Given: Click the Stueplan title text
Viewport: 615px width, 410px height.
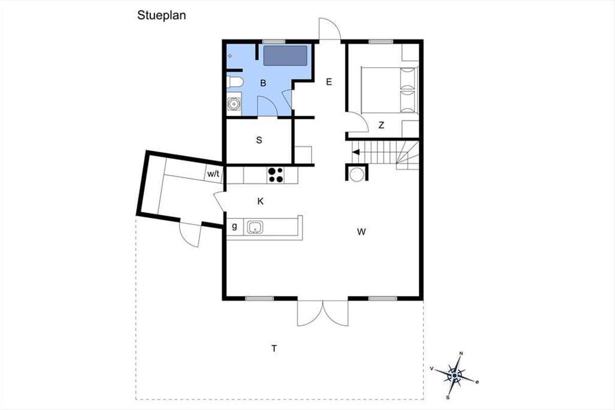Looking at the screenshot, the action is [161, 15].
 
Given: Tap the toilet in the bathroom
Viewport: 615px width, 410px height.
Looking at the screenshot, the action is [235, 82].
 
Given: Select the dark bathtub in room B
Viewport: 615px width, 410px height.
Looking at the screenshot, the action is [285, 56].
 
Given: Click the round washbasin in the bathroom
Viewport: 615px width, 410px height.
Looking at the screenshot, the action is [234, 104].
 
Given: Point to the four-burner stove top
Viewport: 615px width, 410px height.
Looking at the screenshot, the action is [276, 175].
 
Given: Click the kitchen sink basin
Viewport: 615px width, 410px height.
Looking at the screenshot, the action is [255, 227].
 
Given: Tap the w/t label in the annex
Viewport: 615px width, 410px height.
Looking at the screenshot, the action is [213, 174].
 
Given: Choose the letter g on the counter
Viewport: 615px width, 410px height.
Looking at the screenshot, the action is [235, 226].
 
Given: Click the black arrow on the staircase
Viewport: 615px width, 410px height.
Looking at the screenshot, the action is [356, 152].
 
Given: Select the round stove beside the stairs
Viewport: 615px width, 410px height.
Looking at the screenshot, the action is [357, 174].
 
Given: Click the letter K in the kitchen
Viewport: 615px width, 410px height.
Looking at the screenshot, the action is [260, 201].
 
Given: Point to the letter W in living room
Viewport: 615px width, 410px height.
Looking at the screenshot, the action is [361, 232].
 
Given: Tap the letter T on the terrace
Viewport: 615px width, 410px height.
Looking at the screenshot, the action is [274, 348].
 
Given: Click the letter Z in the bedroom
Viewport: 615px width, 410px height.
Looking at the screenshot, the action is [381, 125].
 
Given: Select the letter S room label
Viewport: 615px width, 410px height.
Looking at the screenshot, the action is [259, 140].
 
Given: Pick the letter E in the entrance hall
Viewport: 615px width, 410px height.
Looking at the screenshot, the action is [329, 82].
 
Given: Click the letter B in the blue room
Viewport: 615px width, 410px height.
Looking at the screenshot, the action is [263, 83].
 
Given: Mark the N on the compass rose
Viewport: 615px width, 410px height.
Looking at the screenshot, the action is [461, 354].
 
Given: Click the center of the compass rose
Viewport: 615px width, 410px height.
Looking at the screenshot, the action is [455, 375].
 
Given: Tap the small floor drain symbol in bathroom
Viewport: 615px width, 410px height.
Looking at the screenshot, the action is [230, 56].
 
